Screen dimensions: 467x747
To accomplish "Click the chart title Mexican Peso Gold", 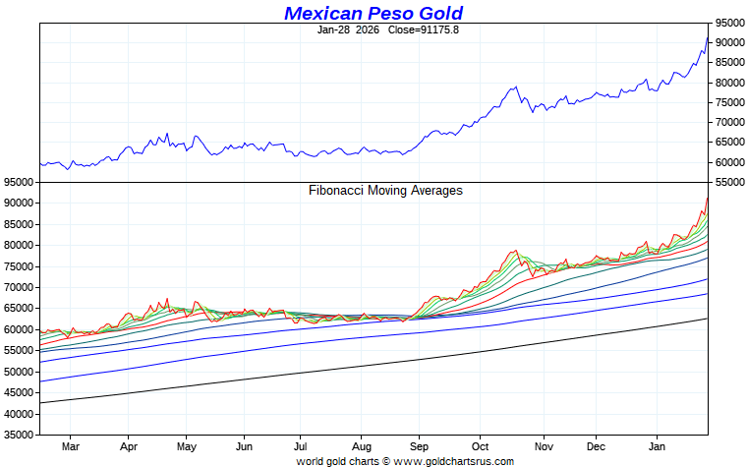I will [x=373, y=13].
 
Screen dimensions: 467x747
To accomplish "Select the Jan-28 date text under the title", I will [x=334, y=29].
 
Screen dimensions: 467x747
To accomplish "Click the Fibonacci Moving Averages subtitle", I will [x=385, y=191].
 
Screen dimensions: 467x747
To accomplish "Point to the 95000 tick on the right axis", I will [x=728, y=23].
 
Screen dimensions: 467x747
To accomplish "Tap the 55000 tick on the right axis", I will [x=728, y=182].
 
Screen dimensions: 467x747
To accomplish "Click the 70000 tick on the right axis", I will [x=728, y=123].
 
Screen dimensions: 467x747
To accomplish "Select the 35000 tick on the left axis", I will [x=19, y=435].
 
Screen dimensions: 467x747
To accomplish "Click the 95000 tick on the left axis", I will [x=19, y=183].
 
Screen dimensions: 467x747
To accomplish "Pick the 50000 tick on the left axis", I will [x=19, y=372].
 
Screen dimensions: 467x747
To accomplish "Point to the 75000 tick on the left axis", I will [x=19, y=266].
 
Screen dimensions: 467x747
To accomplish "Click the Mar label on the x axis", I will [x=69, y=445].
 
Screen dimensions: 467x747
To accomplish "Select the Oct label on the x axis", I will [x=481, y=445].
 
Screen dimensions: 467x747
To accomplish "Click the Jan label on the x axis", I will [x=659, y=445].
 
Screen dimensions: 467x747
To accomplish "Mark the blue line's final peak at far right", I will [x=707, y=37].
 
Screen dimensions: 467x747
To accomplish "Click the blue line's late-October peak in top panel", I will [x=515, y=88].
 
